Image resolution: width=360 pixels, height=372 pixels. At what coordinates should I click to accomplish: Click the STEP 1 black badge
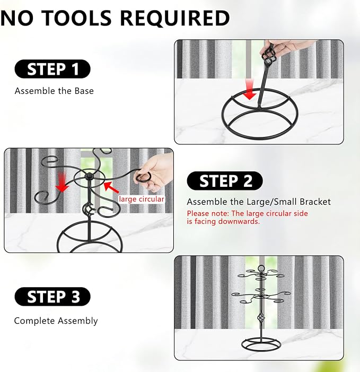point(52,69)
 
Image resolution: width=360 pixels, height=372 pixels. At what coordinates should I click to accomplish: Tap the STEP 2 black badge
point(225,181)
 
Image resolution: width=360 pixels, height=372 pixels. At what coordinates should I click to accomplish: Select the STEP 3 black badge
point(52,297)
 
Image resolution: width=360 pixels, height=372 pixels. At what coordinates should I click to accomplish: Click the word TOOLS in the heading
point(77,18)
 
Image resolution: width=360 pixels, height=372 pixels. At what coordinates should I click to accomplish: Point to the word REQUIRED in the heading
point(175,18)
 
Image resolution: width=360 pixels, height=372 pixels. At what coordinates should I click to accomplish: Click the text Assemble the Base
point(54,91)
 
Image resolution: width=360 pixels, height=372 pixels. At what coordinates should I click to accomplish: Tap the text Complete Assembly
point(56,321)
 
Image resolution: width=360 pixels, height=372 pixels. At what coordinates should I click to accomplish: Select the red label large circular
point(141,199)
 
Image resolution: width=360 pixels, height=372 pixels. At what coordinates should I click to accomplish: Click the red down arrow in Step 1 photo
point(250,90)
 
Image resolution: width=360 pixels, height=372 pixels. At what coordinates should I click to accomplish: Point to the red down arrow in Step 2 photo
point(62,182)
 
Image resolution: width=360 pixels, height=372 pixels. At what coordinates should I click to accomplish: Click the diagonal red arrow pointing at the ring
point(111,187)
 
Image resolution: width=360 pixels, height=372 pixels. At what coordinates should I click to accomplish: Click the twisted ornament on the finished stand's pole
point(261,317)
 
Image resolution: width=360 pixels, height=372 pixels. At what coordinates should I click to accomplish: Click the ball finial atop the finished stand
point(261,269)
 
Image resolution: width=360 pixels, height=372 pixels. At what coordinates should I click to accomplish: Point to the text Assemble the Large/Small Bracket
point(259,202)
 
